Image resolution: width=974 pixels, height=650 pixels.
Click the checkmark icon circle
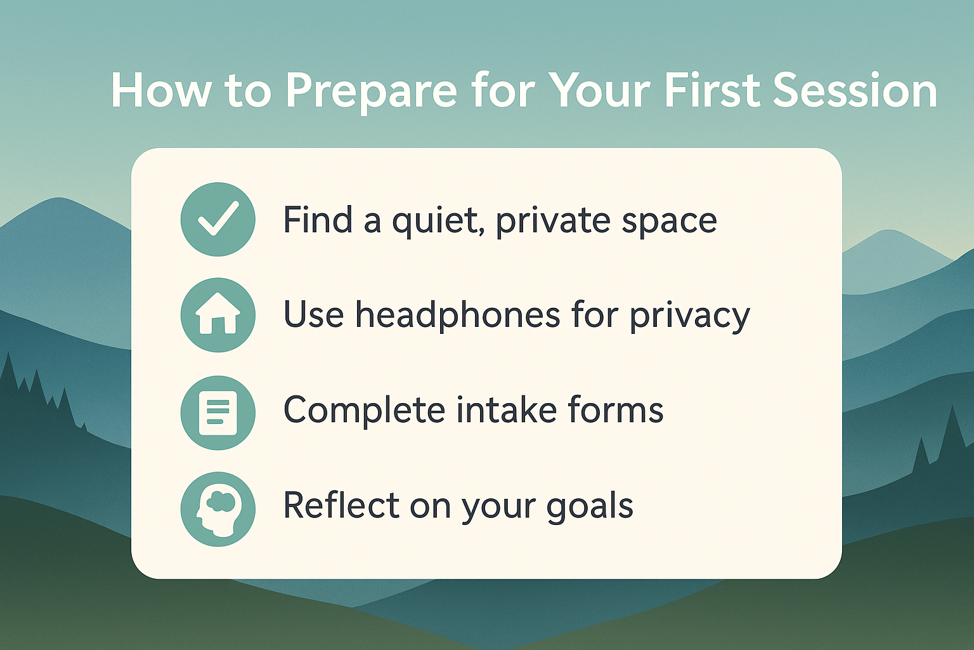point(218,220)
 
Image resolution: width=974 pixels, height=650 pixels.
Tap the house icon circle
point(218,315)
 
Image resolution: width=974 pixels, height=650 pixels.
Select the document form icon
point(218,413)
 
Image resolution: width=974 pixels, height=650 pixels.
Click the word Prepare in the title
point(372,91)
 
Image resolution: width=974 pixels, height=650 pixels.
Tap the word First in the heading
point(713,91)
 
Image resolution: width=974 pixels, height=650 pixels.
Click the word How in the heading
point(161,91)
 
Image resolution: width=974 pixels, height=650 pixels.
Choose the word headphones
point(458,314)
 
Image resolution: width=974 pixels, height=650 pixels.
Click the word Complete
point(365,410)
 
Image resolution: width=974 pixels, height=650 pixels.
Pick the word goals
point(590,507)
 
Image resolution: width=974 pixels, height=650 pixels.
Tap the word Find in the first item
point(318,220)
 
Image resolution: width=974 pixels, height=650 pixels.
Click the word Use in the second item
point(313,314)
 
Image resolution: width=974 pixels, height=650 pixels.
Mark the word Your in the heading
point(602,91)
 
